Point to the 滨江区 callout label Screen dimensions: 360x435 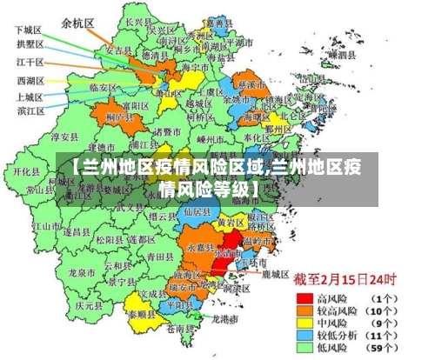[x=30, y=112]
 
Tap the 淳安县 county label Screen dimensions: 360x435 [x=64, y=137]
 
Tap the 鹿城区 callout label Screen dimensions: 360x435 [x=274, y=274]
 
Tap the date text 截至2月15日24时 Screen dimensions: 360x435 [x=345, y=280]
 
